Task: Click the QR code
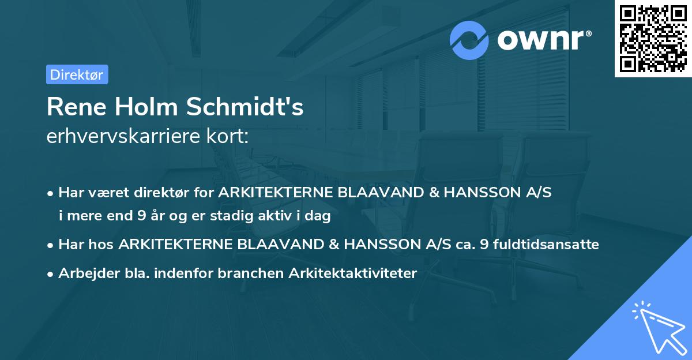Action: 653,39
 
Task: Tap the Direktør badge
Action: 77,74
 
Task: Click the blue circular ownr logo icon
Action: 469,40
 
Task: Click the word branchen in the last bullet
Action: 245,273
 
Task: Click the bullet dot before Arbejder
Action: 51,274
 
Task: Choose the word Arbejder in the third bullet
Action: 85,273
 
